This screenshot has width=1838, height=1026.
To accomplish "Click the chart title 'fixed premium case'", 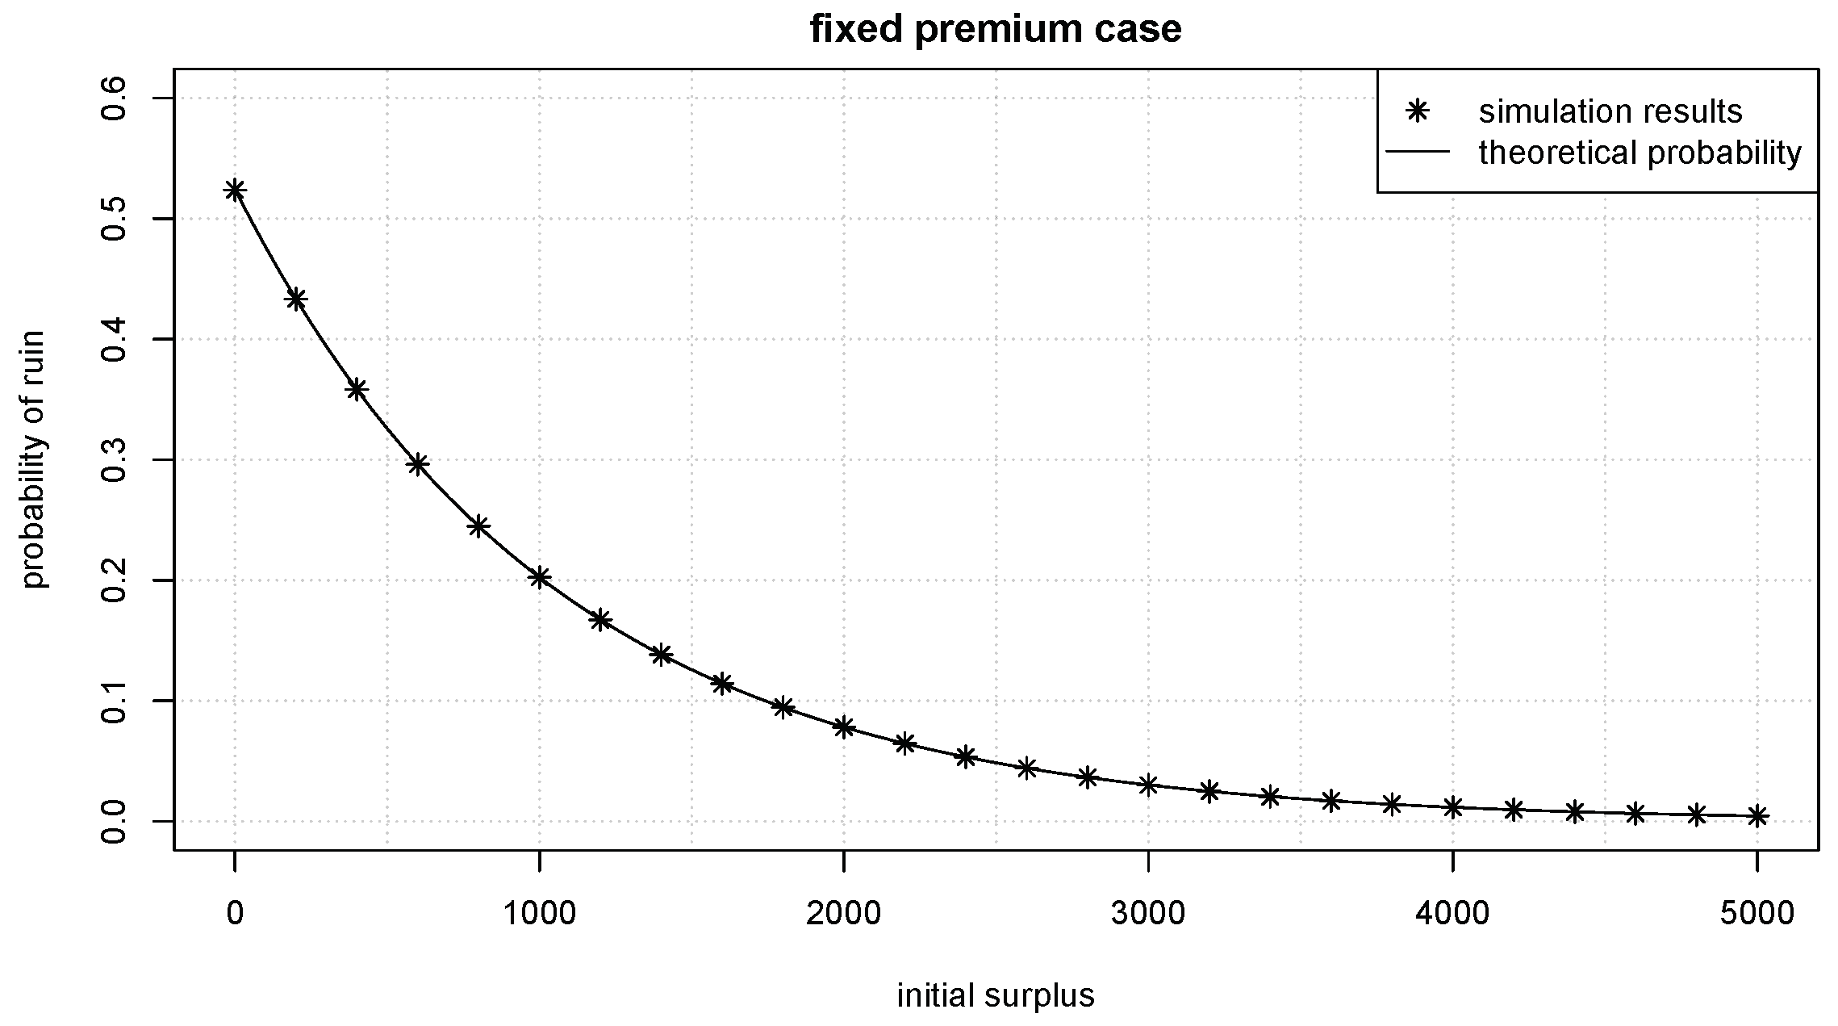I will click(996, 30).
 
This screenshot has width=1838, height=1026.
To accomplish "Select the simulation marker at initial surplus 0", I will click(235, 191).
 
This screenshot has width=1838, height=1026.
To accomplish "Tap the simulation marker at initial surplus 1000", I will click(540, 577).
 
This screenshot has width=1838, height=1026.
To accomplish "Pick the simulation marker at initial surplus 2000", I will click(844, 727).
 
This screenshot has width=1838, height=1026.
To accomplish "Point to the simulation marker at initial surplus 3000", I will click(1148, 785).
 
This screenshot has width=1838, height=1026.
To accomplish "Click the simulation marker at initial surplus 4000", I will click(1453, 807).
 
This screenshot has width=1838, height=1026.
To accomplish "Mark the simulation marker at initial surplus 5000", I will click(1757, 817).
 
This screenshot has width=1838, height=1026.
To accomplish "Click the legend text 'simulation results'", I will click(1610, 112).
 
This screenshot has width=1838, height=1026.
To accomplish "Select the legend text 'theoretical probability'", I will click(1640, 153).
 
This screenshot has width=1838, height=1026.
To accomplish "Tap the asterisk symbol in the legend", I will click(1417, 111).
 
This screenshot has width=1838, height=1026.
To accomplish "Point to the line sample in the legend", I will click(1417, 152).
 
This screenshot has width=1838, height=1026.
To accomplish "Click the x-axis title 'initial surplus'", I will click(996, 995).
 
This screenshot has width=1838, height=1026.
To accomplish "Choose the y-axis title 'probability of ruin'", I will click(34, 459).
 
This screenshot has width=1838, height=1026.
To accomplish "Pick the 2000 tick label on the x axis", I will click(844, 913).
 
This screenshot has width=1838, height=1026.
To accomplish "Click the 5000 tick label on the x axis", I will click(1757, 913).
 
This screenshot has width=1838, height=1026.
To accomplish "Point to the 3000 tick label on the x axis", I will click(1148, 913).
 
